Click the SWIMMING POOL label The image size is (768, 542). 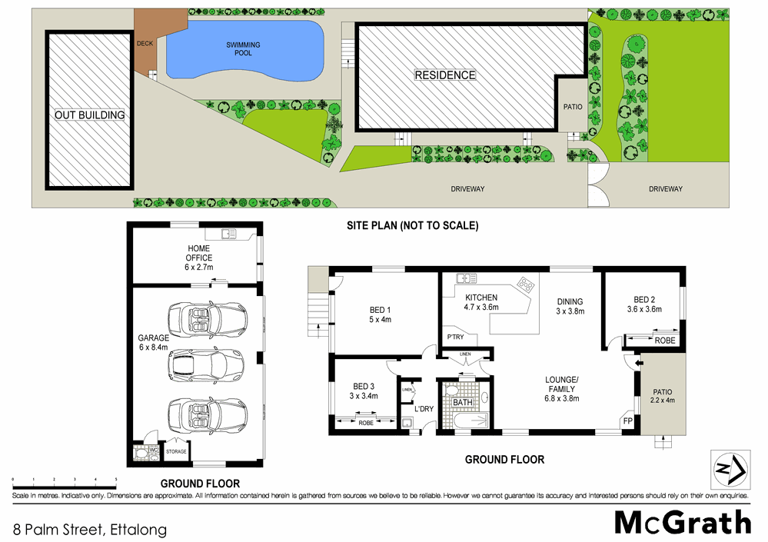click(243, 50)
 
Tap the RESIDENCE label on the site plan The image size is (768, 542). click(445, 75)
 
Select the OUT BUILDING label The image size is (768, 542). click(89, 115)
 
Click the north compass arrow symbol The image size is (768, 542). click(726, 467)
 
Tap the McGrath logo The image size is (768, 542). click(683, 523)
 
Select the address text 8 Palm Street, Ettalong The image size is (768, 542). click(89, 529)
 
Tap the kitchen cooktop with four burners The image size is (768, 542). click(527, 284)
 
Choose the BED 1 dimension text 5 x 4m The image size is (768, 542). click(381, 320)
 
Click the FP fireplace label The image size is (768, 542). click(627, 422)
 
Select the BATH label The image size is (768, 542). click(463, 402)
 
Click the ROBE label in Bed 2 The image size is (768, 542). click(664, 340)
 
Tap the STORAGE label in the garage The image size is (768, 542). click(176, 451)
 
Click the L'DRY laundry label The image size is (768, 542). click(424, 408)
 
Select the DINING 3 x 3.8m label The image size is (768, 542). click(570, 307)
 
